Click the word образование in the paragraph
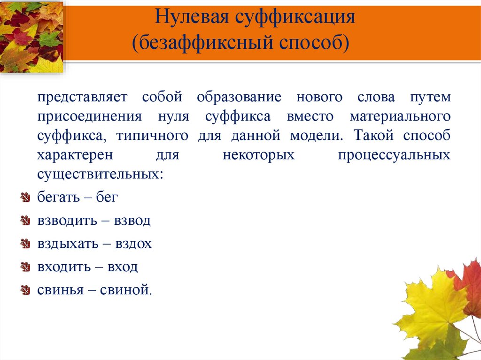(x=239, y=98)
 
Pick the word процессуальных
(x=394, y=155)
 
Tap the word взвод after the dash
(x=132, y=221)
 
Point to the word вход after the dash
(x=123, y=267)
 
